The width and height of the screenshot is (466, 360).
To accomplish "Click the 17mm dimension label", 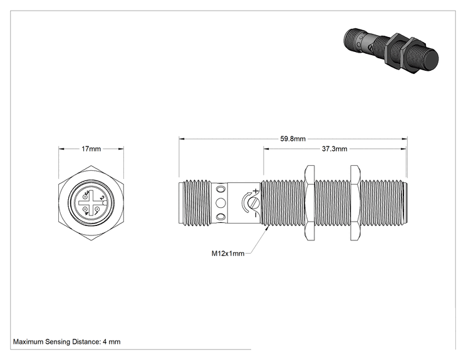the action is [x=91, y=149].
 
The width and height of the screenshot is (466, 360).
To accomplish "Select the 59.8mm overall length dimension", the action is [x=293, y=139].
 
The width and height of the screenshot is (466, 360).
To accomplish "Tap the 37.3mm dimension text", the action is [x=334, y=149].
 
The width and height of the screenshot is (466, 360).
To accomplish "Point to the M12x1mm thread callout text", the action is [x=228, y=254].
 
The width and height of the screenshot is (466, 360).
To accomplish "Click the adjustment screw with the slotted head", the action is [x=256, y=203].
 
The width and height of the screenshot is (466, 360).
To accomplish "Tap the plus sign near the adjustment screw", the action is [x=256, y=190].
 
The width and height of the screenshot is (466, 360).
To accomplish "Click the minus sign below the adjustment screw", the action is [x=256, y=215].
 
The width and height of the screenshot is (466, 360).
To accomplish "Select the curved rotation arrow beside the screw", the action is [x=245, y=202].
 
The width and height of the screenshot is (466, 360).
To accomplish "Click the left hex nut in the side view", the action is [x=309, y=203].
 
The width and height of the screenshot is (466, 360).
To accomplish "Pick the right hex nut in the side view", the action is [x=355, y=203].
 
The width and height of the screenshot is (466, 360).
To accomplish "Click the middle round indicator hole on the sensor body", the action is [x=220, y=203].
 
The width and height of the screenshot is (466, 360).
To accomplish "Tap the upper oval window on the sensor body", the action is [x=220, y=189].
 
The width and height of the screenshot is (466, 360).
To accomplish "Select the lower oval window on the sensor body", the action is [x=220, y=217].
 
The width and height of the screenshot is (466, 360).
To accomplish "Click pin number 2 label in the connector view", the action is [x=101, y=198].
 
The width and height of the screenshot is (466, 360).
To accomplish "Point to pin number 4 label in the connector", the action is [x=86, y=213].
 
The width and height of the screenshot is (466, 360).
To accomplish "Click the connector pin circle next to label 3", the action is [x=85, y=197].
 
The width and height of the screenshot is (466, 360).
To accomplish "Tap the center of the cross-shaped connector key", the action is [x=91, y=203].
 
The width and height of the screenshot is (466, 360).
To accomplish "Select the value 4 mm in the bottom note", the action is [x=111, y=342].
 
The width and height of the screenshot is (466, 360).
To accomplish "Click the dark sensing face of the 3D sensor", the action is [x=431, y=59].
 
